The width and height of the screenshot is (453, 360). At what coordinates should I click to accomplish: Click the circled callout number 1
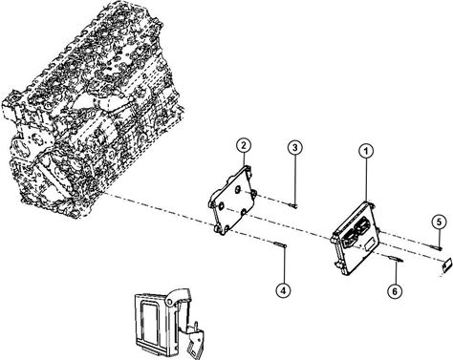click(366, 151)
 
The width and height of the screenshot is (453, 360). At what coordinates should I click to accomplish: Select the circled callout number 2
click(244, 146)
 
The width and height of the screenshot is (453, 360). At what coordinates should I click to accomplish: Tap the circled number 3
click(295, 148)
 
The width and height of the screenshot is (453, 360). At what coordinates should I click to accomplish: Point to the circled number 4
click(283, 290)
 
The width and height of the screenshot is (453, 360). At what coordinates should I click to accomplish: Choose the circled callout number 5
click(440, 222)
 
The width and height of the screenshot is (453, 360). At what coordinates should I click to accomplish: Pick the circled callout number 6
click(395, 291)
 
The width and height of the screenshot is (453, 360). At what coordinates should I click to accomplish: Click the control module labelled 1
click(355, 238)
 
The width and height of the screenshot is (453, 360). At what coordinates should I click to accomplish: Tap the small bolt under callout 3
click(293, 205)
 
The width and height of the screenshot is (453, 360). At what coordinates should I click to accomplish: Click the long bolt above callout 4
click(280, 244)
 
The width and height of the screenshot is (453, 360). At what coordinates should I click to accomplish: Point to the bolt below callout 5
click(435, 247)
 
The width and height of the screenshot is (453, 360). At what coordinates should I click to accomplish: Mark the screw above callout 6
click(396, 260)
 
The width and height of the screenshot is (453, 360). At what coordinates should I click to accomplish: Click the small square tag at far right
click(447, 265)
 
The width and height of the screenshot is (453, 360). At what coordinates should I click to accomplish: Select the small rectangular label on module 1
click(370, 244)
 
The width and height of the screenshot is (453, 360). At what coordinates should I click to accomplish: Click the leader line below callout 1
click(366, 180)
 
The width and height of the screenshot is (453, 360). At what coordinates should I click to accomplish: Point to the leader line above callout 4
click(283, 265)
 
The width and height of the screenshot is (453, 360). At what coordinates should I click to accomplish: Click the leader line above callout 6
click(395, 273)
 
